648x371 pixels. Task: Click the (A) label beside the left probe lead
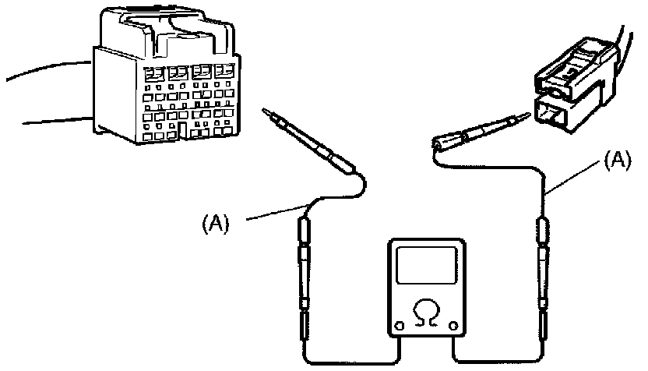click(x=216, y=224)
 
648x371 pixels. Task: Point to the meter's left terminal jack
click(x=400, y=326)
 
